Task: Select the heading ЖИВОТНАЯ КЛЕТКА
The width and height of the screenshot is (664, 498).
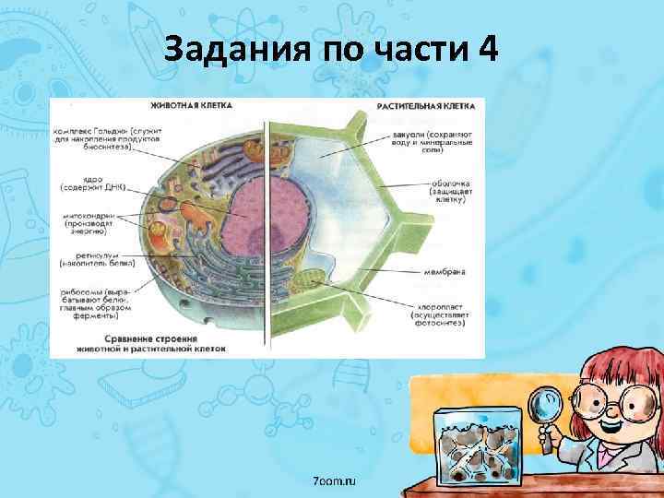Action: (x=193, y=105)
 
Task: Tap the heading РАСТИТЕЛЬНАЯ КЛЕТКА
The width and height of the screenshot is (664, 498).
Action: (x=426, y=107)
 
